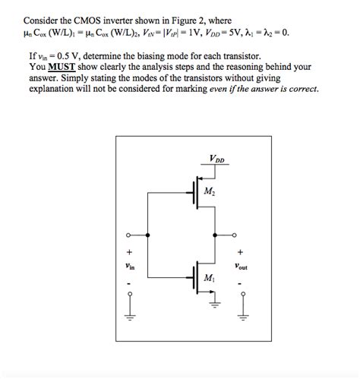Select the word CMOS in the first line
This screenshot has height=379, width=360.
(96, 20)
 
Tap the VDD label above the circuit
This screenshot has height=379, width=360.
(216, 158)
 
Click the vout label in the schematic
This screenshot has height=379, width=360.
(242, 267)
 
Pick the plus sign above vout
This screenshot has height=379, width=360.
(241, 251)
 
